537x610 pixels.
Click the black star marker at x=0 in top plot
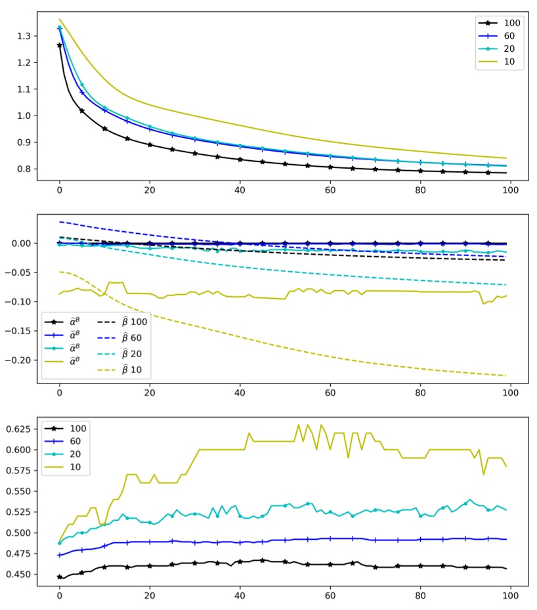click(x=59, y=45)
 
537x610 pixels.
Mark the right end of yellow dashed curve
click(x=506, y=376)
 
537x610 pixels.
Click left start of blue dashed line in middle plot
click(x=60, y=222)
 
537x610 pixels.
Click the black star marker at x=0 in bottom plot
click(x=59, y=577)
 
